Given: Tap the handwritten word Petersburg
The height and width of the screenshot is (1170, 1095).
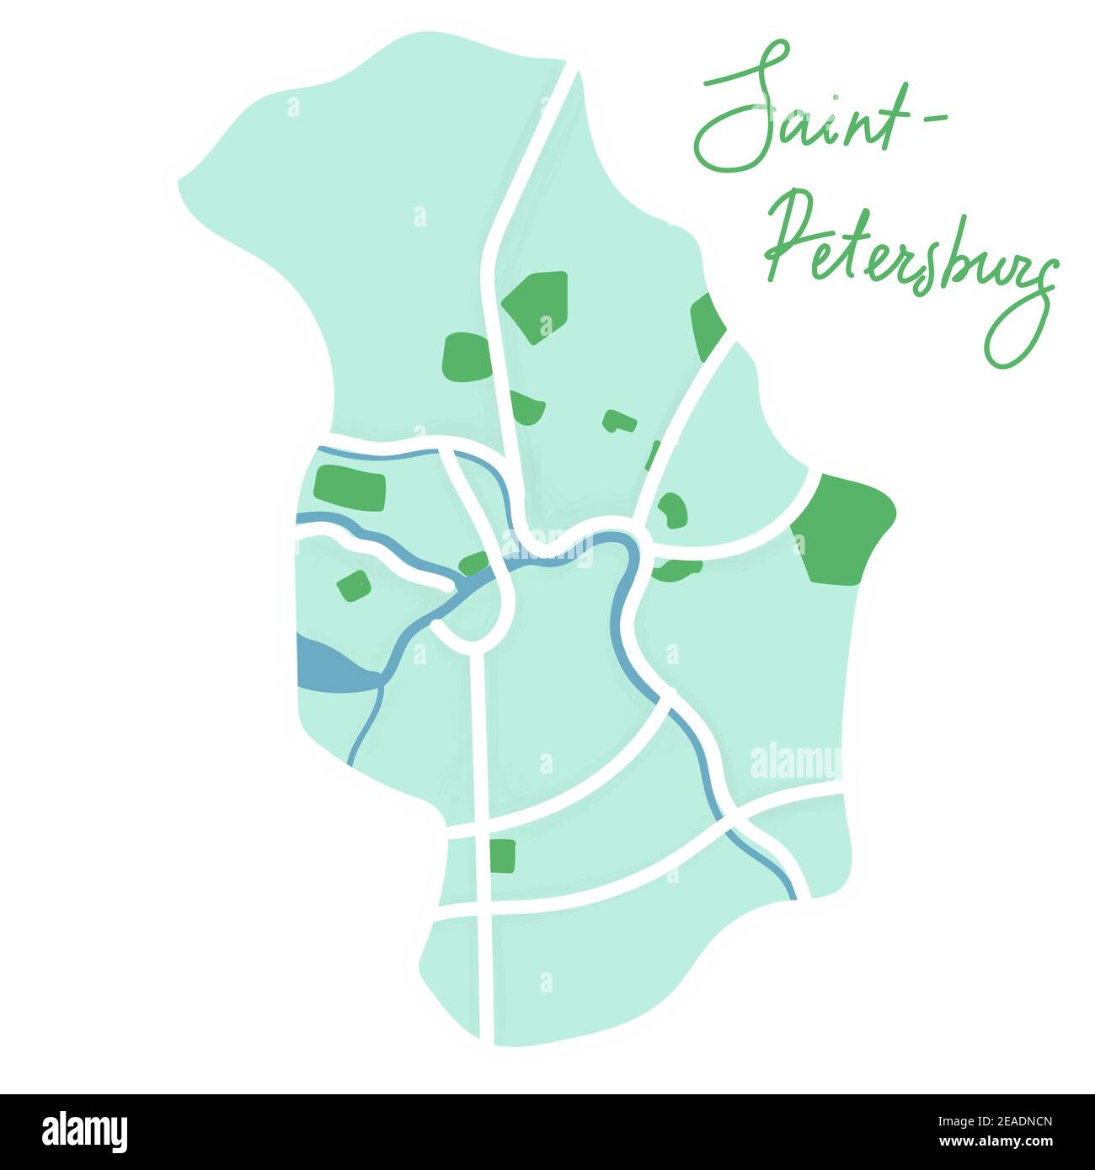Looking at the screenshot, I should tap(910, 261).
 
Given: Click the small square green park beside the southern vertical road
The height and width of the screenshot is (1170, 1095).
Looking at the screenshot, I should tap(502, 855).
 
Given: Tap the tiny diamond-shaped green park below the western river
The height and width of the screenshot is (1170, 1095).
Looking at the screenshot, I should tap(354, 584).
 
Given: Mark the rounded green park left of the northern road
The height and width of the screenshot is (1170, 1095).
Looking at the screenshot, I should tap(466, 357).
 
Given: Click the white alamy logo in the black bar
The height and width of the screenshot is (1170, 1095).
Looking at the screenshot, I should tap(84, 1132).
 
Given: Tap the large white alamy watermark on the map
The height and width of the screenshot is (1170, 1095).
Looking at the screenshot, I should tap(793, 763).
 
